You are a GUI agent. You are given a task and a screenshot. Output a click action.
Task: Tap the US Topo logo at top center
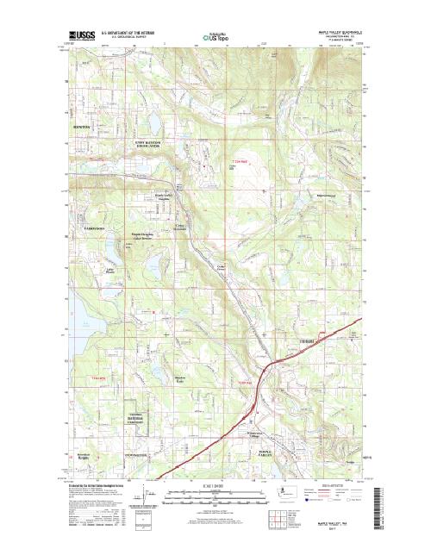[216, 38]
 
